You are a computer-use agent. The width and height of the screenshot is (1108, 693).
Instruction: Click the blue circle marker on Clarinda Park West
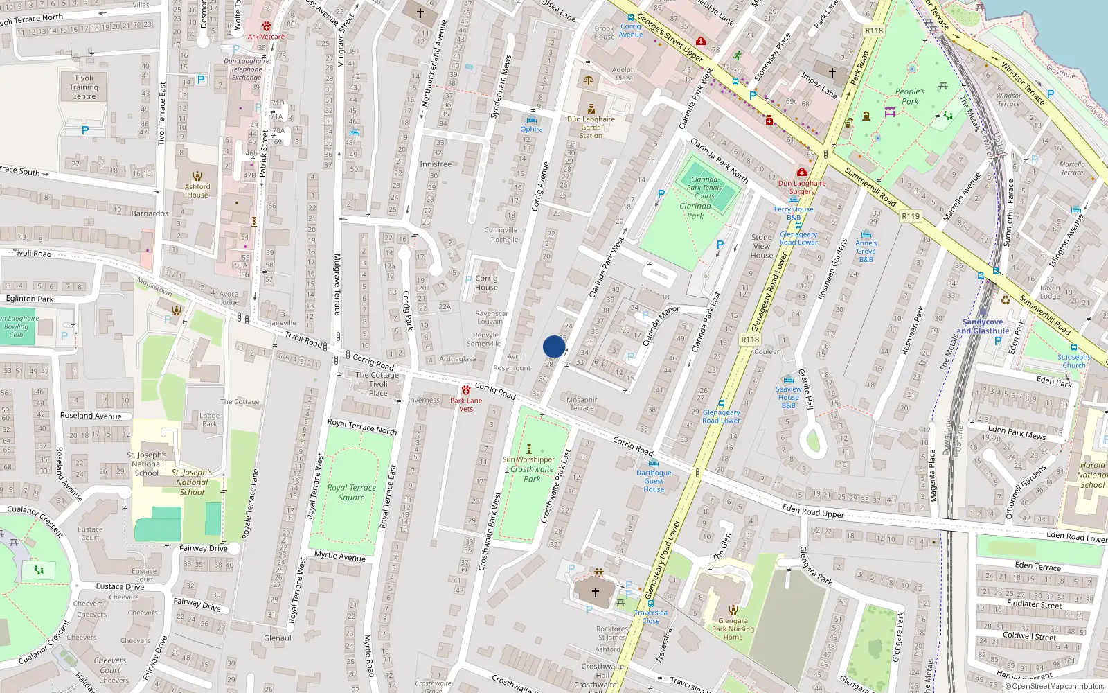tap(554, 346)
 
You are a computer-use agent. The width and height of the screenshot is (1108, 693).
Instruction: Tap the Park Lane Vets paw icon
tap(466, 390)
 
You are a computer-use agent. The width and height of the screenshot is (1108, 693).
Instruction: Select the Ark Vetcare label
tap(266, 37)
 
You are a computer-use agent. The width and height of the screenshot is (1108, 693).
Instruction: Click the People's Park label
tap(909, 96)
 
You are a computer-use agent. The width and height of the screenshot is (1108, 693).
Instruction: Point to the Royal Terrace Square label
tap(352, 492)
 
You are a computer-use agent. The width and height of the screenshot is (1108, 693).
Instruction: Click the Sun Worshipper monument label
tap(528, 459)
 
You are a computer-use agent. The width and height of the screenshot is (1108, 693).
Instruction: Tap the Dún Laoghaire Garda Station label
tap(591, 127)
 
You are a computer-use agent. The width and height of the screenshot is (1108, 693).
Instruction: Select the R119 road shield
tap(911, 216)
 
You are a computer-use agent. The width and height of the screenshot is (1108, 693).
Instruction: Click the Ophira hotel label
tap(531, 129)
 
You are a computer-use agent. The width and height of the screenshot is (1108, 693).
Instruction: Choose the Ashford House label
tap(197, 191)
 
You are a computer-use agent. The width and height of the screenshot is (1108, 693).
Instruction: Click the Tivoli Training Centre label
tap(84, 87)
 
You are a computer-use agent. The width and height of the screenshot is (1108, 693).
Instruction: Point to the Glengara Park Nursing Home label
tap(733, 629)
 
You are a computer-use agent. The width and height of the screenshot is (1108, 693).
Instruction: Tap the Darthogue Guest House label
tap(654, 481)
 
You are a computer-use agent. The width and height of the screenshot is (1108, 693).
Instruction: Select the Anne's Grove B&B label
tap(866, 251)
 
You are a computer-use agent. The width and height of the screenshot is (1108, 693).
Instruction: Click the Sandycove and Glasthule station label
tap(983, 326)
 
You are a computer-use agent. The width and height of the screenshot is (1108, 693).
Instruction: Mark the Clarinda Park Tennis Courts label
tap(704, 187)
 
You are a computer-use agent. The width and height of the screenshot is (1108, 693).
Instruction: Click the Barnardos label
tap(150, 213)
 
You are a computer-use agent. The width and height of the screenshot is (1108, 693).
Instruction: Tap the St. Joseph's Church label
tap(1073, 361)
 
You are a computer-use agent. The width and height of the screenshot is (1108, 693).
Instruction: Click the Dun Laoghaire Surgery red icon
tap(802, 172)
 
